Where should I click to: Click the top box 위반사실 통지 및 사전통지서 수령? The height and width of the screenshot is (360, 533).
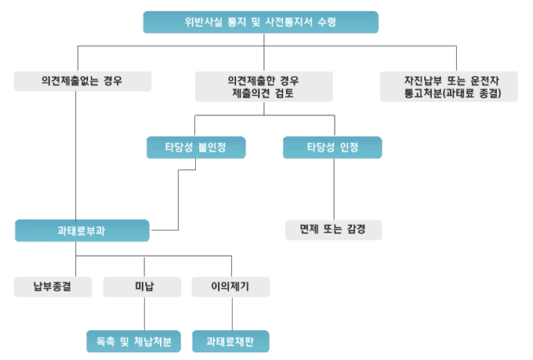click(261, 22)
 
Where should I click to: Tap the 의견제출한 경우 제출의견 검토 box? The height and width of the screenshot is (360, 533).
click(263, 86)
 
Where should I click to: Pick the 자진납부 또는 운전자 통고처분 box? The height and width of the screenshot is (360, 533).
click(449, 86)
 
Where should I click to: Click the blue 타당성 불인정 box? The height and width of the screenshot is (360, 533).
click(196, 147)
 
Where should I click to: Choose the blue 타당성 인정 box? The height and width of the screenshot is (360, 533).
click(332, 147)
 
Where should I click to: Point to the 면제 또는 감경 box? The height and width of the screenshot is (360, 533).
click(333, 230)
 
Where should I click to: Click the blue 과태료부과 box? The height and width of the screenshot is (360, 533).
click(82, 231)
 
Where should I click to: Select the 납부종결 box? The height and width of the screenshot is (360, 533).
click(53, 287)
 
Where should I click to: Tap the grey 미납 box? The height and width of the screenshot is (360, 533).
click(143, 287)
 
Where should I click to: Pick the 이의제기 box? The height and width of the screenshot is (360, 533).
click(230, 287)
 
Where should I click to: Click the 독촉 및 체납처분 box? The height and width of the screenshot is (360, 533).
click(133, 342)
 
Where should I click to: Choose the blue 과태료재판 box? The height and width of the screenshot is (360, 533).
click(230, 342)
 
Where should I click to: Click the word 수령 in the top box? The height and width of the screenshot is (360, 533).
click(327, 22)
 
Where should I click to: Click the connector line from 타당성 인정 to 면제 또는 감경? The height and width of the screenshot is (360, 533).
click(335, 188)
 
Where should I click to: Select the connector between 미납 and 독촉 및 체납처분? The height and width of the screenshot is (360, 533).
click(144, 314)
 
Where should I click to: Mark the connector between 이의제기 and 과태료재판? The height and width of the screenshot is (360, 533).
click(231, 314)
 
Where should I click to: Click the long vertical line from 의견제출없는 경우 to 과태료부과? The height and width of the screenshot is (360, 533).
click(76, 157)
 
